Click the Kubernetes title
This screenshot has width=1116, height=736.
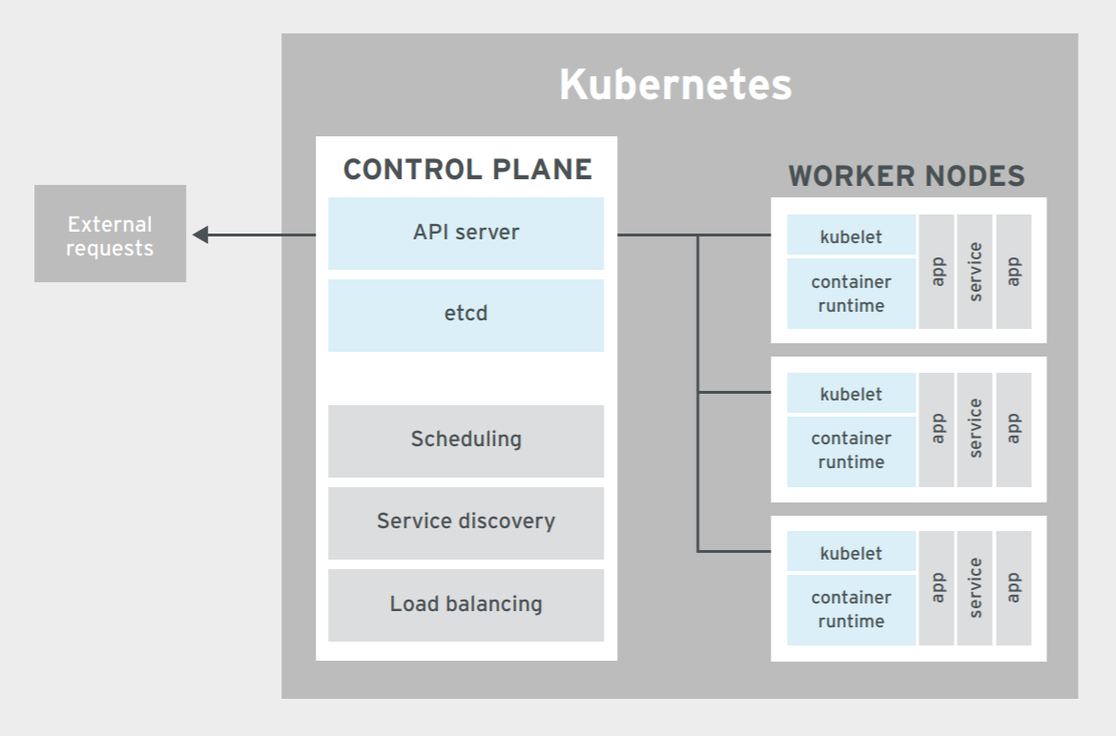tap(675, 85)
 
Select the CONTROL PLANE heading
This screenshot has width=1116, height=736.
tap(467, 170)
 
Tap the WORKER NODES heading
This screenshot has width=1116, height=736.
tap(906, 176)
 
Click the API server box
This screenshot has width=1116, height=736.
tap(465, 233)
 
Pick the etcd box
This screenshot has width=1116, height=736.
tap(465, 315)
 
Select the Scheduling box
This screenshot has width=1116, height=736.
tap(465, 440)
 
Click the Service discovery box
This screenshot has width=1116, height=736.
tap(465, 522)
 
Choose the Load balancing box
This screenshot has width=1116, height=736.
tap(465, 604)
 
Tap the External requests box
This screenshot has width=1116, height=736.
tap(110, 235)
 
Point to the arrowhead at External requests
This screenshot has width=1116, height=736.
tap(200, 235)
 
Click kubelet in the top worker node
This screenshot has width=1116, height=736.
tap(851, 235)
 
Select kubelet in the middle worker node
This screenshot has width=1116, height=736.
tap(851, 394)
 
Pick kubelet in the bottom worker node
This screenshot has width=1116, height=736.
tap(851, 553)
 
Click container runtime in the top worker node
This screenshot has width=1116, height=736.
tap(851, 294)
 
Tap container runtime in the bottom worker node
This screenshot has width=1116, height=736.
tap(851, 609)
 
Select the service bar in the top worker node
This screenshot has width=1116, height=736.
tap(975, 272)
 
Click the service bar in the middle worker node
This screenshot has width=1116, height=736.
tap(975, 429)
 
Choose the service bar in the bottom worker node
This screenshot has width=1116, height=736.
tap(975, 588)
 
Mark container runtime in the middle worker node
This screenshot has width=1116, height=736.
tap(851, 450)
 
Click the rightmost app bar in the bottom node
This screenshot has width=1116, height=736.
tap(1014, 588)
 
